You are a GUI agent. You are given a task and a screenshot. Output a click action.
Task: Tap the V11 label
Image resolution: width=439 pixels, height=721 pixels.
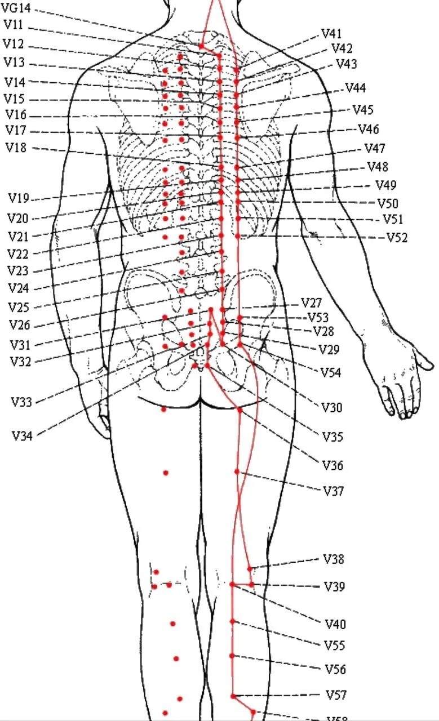14,25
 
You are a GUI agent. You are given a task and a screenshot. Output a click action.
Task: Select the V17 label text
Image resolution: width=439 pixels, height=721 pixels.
16,131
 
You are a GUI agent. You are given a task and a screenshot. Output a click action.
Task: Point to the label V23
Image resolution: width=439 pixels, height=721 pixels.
18,271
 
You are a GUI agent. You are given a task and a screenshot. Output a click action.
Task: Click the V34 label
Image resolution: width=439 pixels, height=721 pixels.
22,435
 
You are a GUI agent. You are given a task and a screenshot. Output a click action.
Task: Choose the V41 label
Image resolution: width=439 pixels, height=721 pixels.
332,34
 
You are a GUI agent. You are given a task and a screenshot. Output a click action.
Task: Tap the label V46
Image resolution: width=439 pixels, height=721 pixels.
369,130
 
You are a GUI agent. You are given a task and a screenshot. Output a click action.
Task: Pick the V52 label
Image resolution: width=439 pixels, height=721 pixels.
397,238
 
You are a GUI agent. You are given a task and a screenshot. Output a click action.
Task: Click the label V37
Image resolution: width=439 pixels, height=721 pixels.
334,491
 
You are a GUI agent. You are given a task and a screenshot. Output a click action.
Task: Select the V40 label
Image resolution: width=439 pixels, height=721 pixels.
335,624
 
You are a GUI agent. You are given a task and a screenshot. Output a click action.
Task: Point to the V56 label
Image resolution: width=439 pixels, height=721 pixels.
335,670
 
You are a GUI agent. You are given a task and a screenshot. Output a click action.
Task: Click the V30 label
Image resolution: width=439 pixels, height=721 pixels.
332,408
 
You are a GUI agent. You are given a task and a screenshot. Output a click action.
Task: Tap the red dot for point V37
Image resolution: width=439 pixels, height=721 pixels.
237,472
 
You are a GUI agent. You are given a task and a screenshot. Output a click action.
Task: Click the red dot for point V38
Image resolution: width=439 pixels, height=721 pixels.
250,569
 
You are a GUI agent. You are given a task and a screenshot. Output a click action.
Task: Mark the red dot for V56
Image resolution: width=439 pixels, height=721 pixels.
232,656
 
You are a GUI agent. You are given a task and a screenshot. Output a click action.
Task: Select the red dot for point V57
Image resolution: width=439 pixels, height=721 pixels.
233,696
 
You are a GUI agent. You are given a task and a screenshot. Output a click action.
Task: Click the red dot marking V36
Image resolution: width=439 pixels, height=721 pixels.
240,410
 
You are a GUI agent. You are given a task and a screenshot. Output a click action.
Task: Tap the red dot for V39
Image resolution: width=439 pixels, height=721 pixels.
251,585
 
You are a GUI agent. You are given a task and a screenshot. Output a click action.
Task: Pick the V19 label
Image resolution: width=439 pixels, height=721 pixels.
18,198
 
